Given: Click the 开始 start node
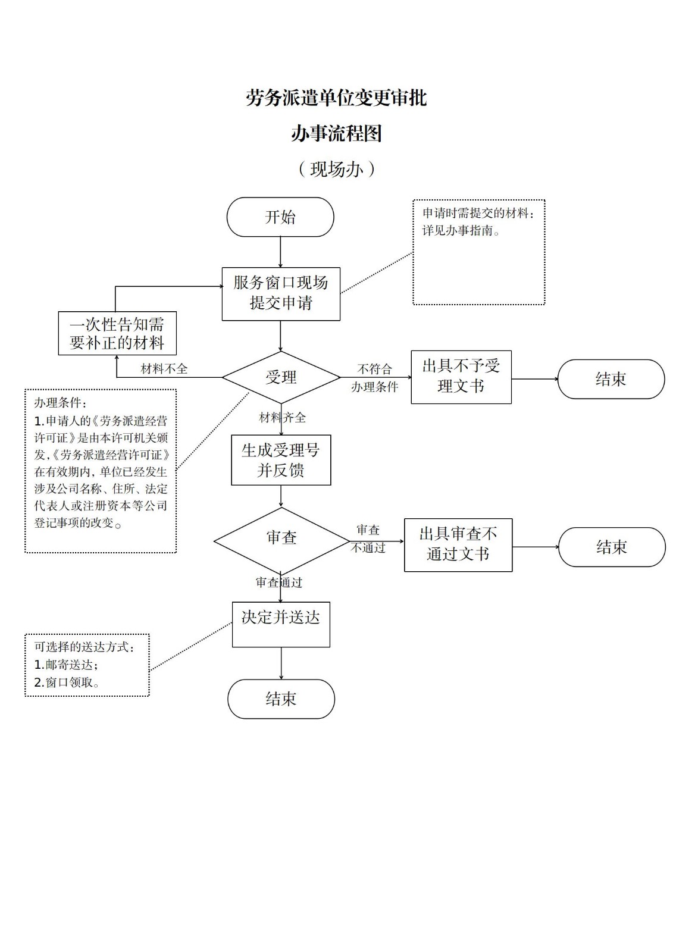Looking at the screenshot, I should (280, 217).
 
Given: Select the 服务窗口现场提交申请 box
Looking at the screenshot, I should (281, 293).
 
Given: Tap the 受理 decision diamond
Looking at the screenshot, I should (281, 377).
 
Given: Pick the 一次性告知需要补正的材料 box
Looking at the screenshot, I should (117, 333).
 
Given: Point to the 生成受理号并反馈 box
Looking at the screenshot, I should (281, 460).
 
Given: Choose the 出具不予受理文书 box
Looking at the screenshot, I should (461, 377).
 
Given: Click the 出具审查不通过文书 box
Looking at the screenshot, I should (458, 544).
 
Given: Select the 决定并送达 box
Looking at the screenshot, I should (281, 624).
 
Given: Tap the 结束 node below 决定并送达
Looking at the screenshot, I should (281, 699).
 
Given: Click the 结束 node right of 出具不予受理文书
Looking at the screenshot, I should (611, 379).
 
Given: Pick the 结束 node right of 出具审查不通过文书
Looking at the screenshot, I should (612, 547).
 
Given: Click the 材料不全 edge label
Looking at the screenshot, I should (164, 369).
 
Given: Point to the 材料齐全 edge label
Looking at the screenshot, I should (283, 418).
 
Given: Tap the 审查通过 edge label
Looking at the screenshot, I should (279, 583).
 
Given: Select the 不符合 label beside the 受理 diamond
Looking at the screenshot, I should (374, 369).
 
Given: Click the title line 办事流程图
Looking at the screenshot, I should (336, 133).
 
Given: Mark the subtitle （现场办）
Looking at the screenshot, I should (336, 170).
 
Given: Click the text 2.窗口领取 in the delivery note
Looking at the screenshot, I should (67, 682).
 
